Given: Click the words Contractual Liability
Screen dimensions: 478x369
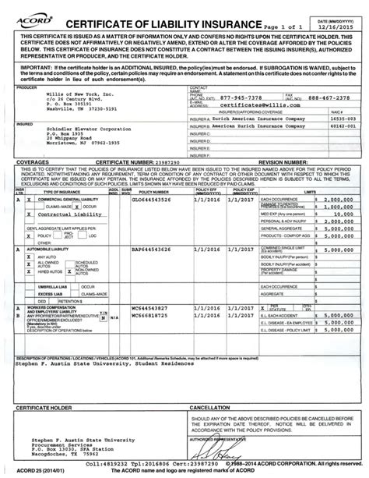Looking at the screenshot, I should (67, 211).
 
